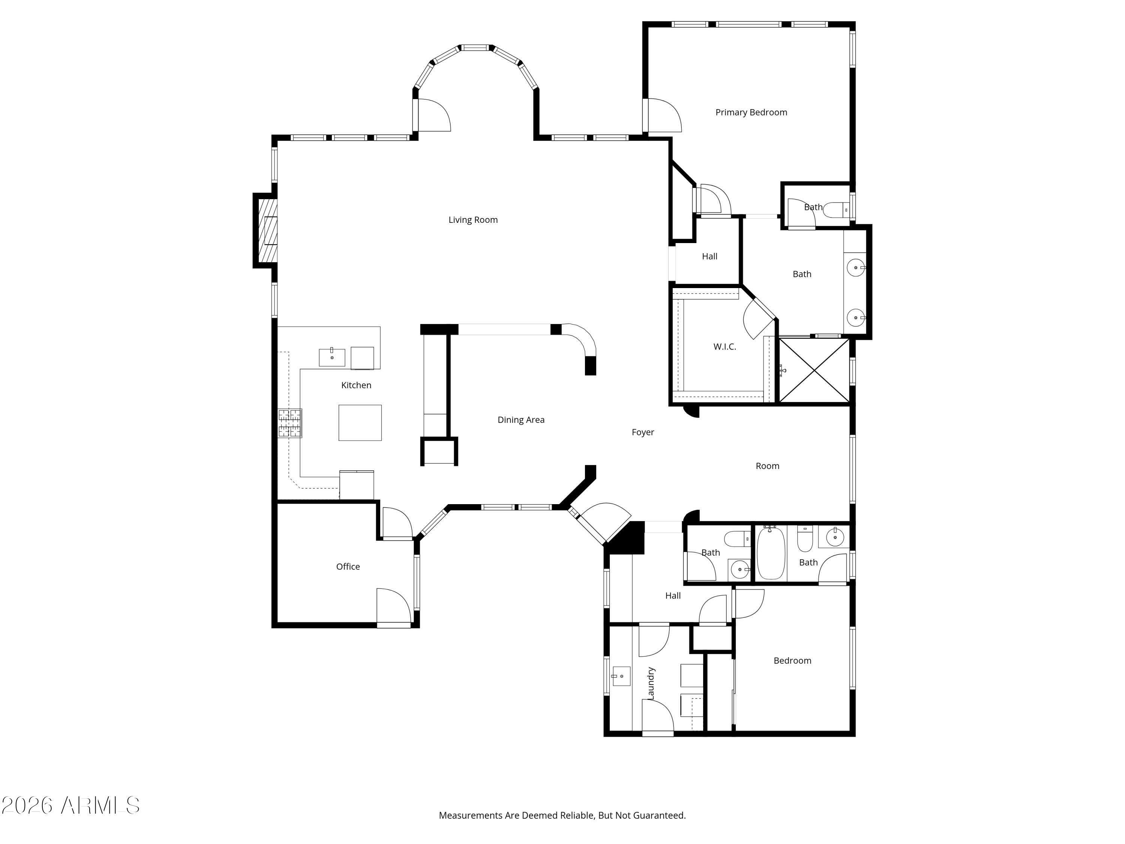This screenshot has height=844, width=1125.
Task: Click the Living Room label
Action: pos(473,220)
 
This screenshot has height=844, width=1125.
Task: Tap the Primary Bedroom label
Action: pos(751,113)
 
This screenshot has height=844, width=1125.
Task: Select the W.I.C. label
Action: pos(725,347)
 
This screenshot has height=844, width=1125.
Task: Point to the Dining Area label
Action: pos(521,420)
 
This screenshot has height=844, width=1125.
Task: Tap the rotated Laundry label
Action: pos(651,683)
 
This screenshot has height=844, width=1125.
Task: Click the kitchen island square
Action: pos(360,423)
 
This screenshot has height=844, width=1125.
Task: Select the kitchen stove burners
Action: pos(290,423)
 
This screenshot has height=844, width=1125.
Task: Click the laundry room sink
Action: pos(621,676)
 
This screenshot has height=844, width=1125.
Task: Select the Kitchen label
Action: pos(356,385)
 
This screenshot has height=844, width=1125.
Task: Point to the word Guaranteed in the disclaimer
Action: pos(659,815)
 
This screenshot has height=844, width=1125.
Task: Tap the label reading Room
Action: pos(768,466)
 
